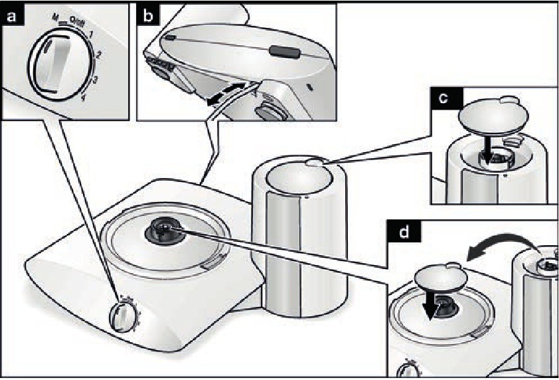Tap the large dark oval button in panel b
tap(284, 50)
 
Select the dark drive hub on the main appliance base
tap(164, 229)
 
